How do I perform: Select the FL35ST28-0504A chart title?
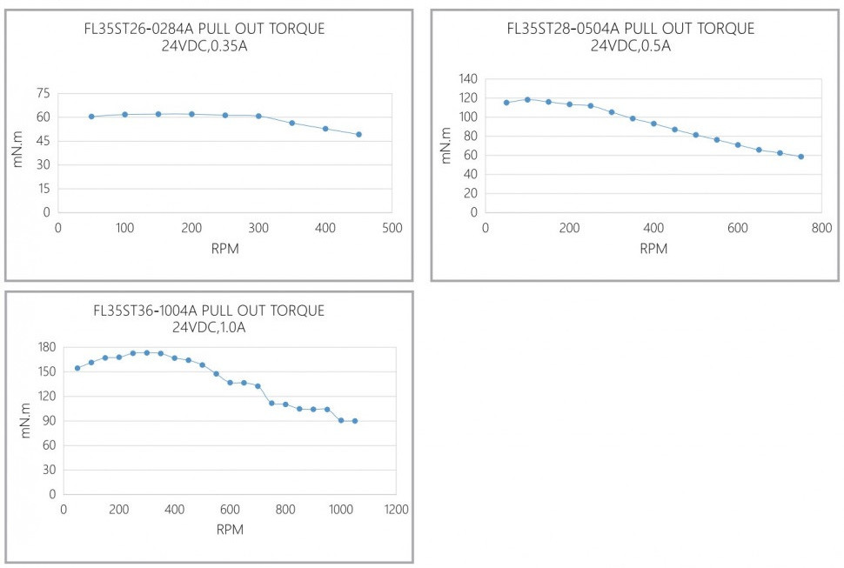click(630, 29)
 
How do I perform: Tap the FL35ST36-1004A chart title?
click(208, 311)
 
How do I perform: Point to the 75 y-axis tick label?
click(42, 94)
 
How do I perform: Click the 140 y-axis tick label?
click(468, 79)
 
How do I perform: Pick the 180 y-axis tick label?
click(46, 348)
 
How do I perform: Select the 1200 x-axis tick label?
click(395, 510)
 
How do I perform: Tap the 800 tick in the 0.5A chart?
click(821, 228)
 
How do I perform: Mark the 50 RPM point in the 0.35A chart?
click(91, 117)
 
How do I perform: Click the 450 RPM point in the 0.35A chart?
click(358, 134)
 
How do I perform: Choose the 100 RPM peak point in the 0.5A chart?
click(527, 99)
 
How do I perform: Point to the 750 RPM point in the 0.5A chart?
click(800, 157)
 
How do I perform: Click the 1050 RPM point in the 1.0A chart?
click(354, 421)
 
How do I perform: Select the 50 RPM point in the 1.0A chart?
click(77, 368)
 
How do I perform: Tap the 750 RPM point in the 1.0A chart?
click(271, 404)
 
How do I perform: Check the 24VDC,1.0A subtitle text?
click(208, 328)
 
